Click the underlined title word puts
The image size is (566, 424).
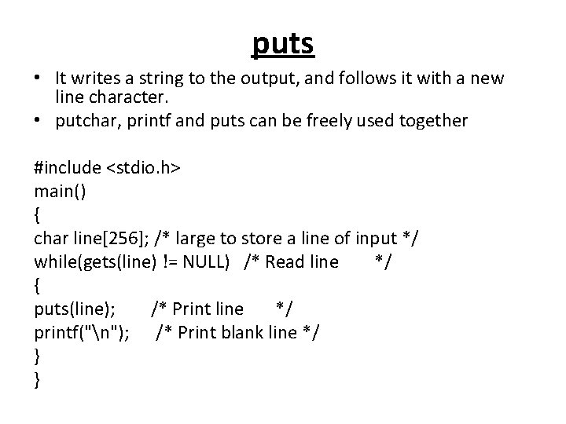pos(283,44)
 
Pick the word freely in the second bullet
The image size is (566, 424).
pos(333,120)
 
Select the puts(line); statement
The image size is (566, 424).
pos(70,309)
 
